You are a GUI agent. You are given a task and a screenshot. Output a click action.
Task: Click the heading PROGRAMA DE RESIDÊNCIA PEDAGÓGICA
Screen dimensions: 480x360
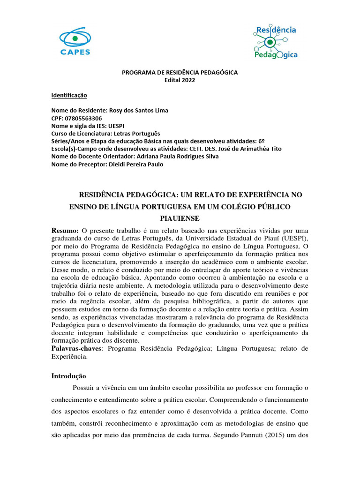tap(180, 72)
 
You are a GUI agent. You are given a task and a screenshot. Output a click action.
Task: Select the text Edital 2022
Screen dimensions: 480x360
tap(180, 80)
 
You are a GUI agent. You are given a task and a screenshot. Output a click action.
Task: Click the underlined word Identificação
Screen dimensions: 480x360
tap(69, 95)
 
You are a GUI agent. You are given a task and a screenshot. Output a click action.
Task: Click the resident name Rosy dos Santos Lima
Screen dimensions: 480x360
tap(138, 111)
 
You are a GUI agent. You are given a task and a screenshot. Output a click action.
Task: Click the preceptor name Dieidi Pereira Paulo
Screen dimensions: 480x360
tap(136, 164)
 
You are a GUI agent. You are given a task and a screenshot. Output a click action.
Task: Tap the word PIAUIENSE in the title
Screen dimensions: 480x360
tap(180, 218)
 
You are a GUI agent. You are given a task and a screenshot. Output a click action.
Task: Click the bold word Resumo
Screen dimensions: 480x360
tap(65, 231)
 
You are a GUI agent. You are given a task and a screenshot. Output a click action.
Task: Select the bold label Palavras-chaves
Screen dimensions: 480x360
tap(73, 348)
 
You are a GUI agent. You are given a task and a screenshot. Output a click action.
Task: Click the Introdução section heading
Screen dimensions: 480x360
tap(68, 376)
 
